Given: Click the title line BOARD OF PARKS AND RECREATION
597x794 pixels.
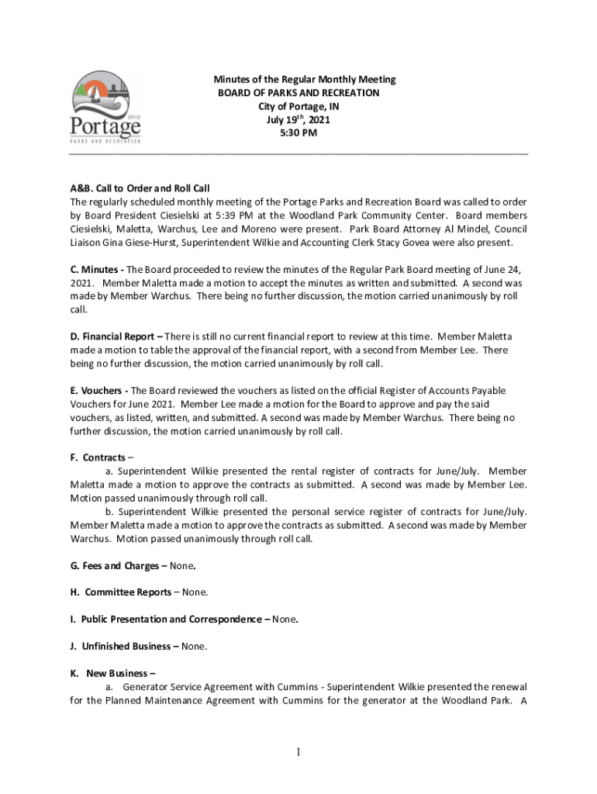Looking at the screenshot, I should pyautogui.click(x=298, y=93).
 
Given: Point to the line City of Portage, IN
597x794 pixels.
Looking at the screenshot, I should pyautogui.click(x=298, y=106).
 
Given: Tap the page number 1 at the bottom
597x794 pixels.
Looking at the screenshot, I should pyautogui.click(x=298, y=751).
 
